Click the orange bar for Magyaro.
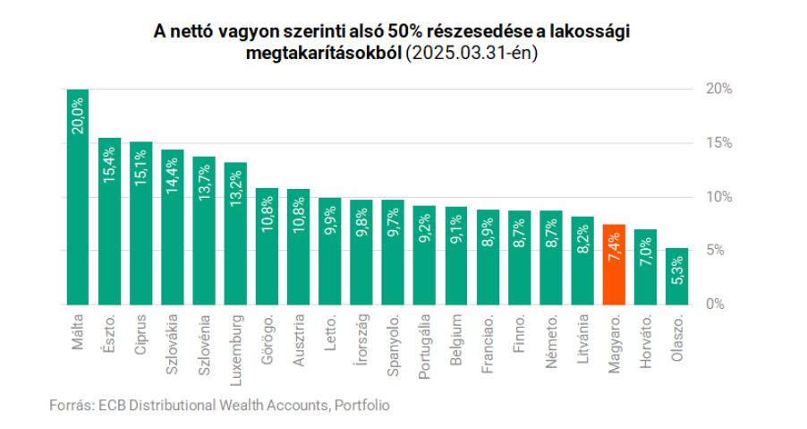pyautogui.click(x=614, y=264)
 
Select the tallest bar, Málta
pyautogui.click(x=78, y=197)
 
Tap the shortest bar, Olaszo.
pyautogui.click(x=676, y=276)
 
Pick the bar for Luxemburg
pyautogui.click(x=235, y=233)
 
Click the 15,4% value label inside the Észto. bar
pyautogui.click(x=109, y=164)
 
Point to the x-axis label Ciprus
pyautogui.click(x=141, y=333)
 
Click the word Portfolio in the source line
pyautogui.click(x=362, y=405)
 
